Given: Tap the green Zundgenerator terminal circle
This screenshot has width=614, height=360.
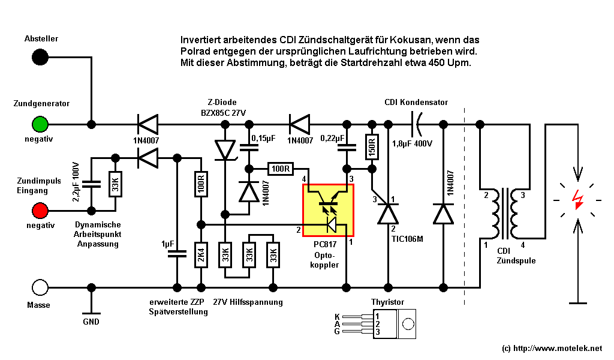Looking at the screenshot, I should tap(40, 124).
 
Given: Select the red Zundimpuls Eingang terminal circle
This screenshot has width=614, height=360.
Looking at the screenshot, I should tap(40, 211).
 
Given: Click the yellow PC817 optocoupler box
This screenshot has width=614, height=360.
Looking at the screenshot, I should tap(329, 210).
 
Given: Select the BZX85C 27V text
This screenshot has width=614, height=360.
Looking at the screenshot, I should tap(223, 113).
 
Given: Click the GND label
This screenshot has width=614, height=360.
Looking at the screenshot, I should tap(91, 321).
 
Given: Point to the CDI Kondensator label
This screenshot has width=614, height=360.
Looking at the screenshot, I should tap(416, 103).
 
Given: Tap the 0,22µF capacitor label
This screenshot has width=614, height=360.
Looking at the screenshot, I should tap(331, 138).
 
